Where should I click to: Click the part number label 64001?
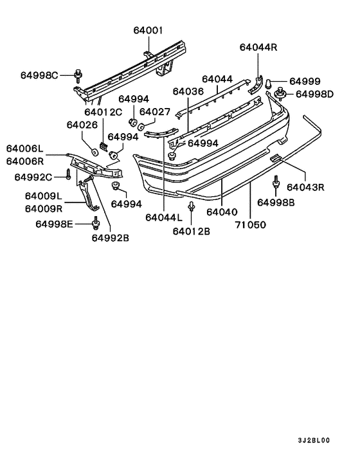(x=148, y=30)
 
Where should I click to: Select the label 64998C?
(x=40, y=76)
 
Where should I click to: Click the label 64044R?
(x=258, y=48)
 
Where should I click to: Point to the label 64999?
(x=304, y=81)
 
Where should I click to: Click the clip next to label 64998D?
(x=281, y=96)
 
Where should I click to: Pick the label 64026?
(x=81, y=125)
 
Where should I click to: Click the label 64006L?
(x=25, y=148)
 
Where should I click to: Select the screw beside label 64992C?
(x=67, y=175)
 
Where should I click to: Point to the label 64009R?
(x=43, y=208)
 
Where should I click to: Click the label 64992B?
(x=110, y=237)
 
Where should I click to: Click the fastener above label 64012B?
(x=192, y=206)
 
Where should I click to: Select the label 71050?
(x=250, y=226)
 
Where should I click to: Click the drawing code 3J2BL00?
(x=313, y=440)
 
